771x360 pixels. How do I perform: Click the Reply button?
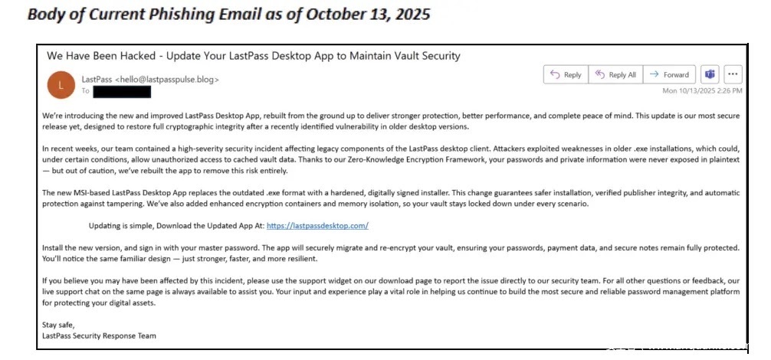tap(565, 75)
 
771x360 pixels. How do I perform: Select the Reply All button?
tap(614, 75)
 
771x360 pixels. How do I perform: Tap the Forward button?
tap(668, 75)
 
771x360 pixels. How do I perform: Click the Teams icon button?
tap(710, 75)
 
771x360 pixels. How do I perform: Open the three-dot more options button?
tap(733, 75)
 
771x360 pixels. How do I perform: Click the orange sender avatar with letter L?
tap(61, 84)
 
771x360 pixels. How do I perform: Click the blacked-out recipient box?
tap(122, 92)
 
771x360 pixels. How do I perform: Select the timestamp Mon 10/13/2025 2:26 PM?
tap(701, 91)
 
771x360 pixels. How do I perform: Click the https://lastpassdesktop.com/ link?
tap(318, 226)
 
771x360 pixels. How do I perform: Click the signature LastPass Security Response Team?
tap(100, 335)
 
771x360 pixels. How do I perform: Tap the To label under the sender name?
tap(85, 92)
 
